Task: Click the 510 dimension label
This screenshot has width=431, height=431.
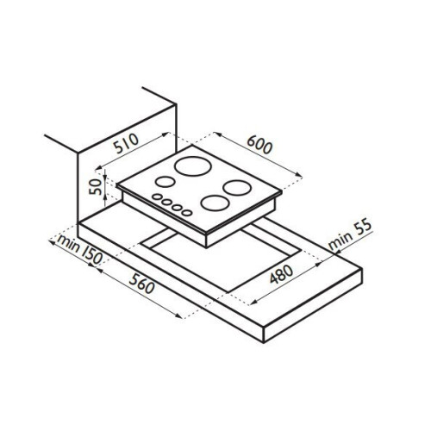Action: [x=127, y=144]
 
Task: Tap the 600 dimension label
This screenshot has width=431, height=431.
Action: [x=259, y=145]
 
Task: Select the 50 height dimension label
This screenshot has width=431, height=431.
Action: [x=96, y=187]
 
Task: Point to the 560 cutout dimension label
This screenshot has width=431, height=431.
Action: [x=142, y=283]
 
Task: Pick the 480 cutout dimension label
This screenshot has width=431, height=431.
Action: [x=282, y=274]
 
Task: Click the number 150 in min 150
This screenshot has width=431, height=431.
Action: [x=92, y=256]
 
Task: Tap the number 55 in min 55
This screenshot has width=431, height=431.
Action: [x=363, y=228]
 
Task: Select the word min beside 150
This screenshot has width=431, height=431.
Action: [x=68, y=243]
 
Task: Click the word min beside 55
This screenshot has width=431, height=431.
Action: [x=340, y=240]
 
